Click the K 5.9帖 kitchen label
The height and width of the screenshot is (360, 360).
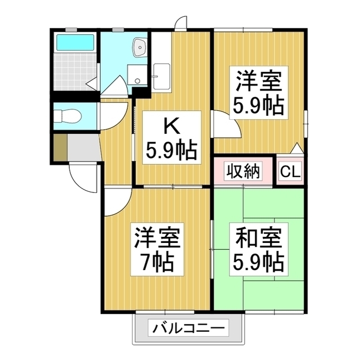(x=172, y=137)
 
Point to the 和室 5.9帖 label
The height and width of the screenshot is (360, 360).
(x=259, y=249)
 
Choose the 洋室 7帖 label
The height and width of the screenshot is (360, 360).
(x=157, y=249)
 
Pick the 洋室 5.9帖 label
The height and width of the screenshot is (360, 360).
(x=259, y=92)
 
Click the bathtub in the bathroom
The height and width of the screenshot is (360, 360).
(x=75, y=42)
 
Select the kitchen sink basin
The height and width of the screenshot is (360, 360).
(x=162, y=74)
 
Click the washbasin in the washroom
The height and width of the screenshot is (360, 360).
(x=138, y=48)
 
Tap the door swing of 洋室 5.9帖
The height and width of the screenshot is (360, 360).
(x=225, y=124)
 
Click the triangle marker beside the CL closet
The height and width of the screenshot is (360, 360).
(x=296, y=149)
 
